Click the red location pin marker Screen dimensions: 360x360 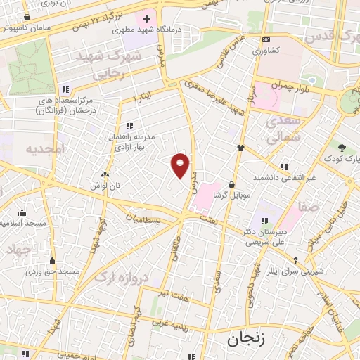181,165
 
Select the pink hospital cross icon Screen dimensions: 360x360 146,17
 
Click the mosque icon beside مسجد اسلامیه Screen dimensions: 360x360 22,212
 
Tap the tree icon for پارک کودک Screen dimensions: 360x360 342,148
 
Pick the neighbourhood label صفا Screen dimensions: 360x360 308,206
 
